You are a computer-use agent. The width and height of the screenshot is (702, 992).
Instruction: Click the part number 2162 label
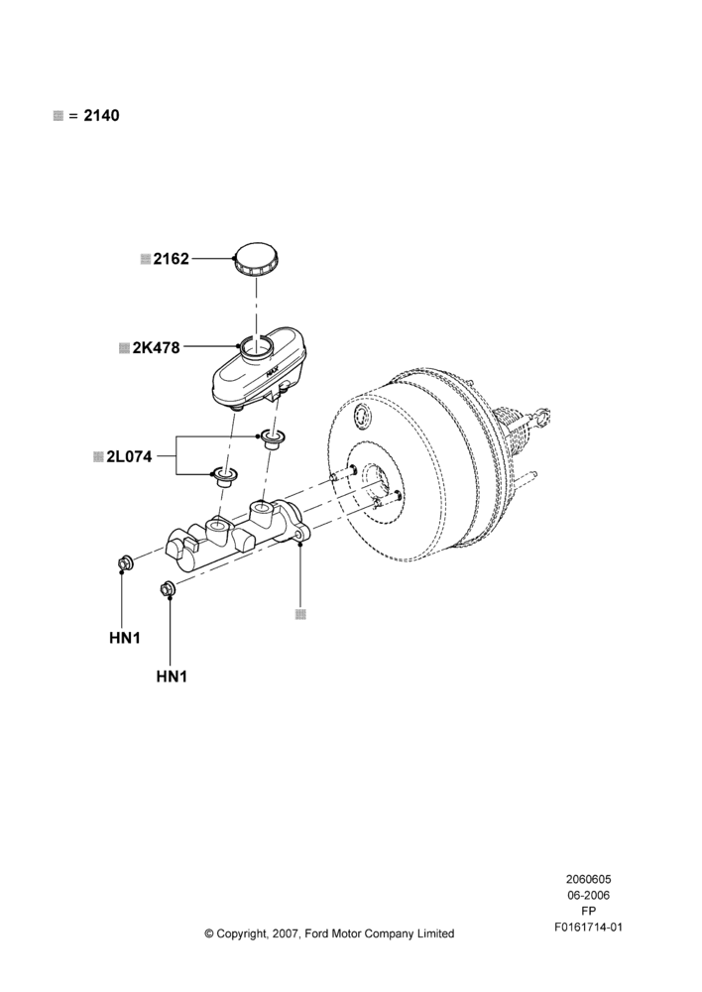(171, 259)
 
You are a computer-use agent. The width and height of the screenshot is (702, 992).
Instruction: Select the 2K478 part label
(157, 347)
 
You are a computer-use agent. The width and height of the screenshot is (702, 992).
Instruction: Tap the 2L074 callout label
(129, 456)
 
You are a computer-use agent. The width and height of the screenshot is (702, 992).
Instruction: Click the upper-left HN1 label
(125, 638)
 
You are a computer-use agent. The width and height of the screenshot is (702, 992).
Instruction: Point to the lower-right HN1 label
(172, 677)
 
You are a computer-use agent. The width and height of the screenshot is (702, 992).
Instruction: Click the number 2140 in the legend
(102, 116)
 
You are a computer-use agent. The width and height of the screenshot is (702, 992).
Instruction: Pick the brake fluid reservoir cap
(258, 258)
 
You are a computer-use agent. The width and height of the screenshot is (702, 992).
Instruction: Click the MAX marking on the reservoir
(274, 373)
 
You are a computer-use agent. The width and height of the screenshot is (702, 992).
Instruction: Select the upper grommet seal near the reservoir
(274, 438)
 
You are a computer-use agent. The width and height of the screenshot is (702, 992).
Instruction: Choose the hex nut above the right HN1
(168, 587)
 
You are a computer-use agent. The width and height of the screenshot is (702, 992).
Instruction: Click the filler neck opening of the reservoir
(256, 346)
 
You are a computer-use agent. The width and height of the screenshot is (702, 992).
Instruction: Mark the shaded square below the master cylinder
(301, 614)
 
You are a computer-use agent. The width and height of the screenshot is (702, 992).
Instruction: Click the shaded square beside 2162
(146, 259)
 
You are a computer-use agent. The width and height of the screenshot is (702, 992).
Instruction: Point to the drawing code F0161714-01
(588, 928)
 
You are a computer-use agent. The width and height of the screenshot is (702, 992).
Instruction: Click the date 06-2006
(588, 895)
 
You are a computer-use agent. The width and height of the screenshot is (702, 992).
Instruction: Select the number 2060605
(588, 879)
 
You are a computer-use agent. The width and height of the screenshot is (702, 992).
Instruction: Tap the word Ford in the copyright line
(317, 933)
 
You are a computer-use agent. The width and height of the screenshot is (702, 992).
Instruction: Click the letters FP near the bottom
(588, 912)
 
